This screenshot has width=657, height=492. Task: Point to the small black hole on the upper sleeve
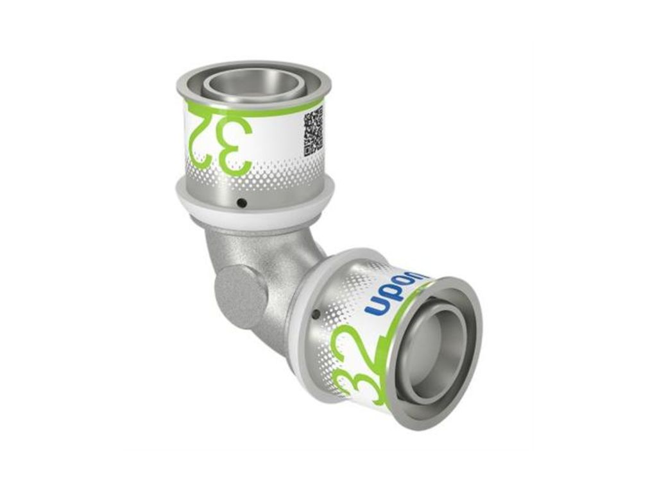click(x=241, y=203)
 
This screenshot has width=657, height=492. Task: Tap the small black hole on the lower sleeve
click(x=315, y=314)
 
